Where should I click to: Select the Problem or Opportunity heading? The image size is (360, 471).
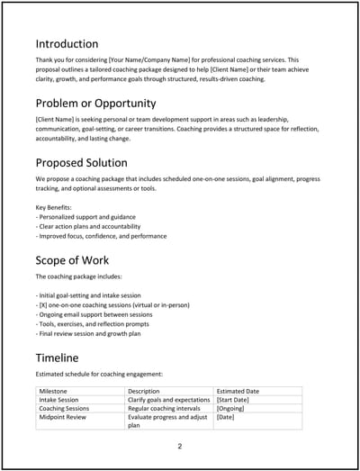click(96, 104)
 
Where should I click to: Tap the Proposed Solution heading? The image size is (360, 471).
click(88, 163)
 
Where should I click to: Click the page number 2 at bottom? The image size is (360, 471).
click(179, 446)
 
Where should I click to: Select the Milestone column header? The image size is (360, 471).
click(56, 391)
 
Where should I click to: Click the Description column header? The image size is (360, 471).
click(144, 391)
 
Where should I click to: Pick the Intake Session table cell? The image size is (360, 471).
click(61, 400)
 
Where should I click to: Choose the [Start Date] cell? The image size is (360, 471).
click(237, 400)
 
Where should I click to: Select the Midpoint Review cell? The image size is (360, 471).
click(64, 418)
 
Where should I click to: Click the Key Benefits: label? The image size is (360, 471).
click(56, 207)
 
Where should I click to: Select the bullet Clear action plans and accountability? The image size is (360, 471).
click(96, 226)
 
